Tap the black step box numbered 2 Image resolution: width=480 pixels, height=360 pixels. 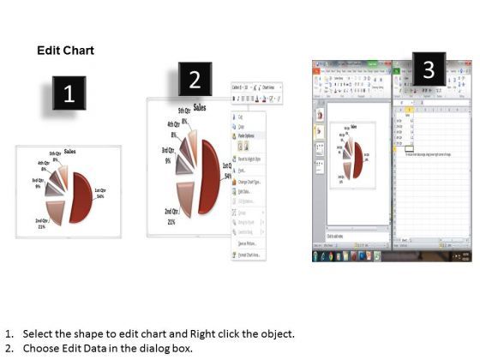195,80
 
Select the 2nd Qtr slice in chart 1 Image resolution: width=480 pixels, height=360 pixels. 55,210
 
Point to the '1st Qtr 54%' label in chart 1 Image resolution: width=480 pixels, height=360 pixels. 99,194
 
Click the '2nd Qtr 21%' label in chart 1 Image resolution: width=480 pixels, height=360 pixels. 41,225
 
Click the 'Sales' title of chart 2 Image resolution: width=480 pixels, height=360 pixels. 200,109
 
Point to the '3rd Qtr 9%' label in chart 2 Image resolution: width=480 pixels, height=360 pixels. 168,155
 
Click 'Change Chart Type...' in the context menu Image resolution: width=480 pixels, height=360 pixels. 251,182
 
